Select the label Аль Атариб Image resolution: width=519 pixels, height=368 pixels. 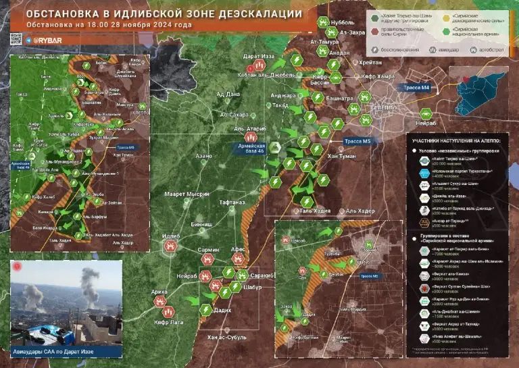[249, 127]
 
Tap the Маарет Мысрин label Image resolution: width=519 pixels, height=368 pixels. [187, 194]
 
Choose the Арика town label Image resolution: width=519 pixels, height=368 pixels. [159, 292]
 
